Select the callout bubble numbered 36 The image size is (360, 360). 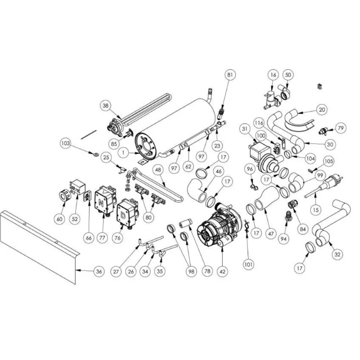pyautogui.click(x=99, y=271)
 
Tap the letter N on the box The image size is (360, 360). pyautogui.click(x=101, y=202)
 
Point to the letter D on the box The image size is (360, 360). pyautogui.click(x=123, y=215)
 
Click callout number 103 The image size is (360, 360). pyautogui.click(x=66, y=144)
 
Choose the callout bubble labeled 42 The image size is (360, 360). pyautogui.click(x=222, y=271)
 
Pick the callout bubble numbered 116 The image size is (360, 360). pyautogui.click(x=259, y=123)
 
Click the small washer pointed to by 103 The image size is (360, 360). pyautogui.click(x=95, y=153)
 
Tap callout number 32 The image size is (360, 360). pyautogui.click(x=337, y=254)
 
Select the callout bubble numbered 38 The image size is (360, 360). pyautogui.click(x=105, y=106)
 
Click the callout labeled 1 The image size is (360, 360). pyautogui.click(x=124, y=152)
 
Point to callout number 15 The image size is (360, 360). pyautogui.click(x=316, y=210)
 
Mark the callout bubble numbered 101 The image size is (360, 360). pyautogui.click(x=249, y=265)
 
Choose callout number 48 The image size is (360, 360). pyautogui.click(x=158, y=170)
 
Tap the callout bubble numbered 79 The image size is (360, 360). pyautogui.click(x=341, y=128)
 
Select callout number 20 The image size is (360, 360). pyautogui.click(x=322, y=109)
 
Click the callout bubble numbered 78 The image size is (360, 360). pyautogui.click(x=207, y=271)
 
